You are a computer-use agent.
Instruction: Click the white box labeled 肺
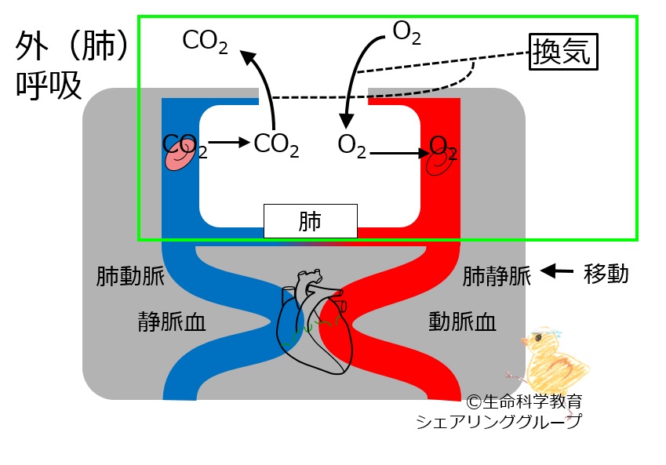coord(310,221)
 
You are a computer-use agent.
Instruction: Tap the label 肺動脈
coord(128,276)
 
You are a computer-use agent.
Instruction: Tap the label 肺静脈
coord(497,276)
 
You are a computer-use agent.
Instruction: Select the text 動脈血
coord(463,321)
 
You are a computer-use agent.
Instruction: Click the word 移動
coord(606,274)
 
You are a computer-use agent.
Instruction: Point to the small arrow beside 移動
coord(559,271)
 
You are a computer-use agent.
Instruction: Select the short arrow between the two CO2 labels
coord(228,143)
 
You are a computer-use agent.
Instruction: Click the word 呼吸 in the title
coord(49,86)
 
